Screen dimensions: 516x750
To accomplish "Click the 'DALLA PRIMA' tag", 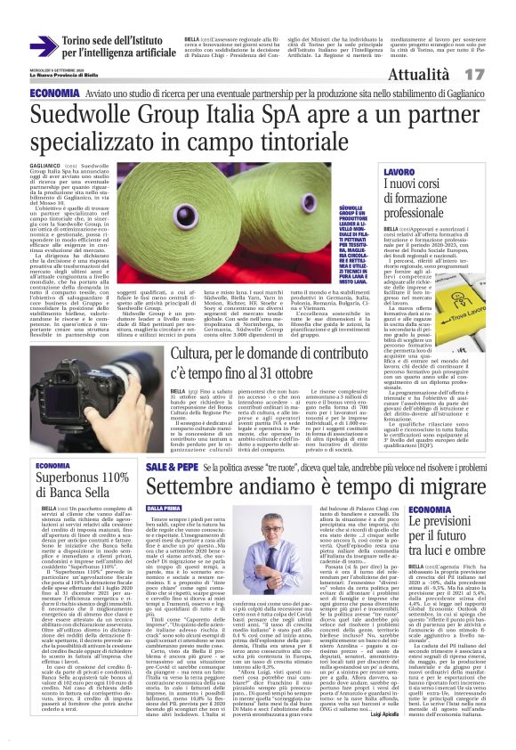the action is tap(165, 508).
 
